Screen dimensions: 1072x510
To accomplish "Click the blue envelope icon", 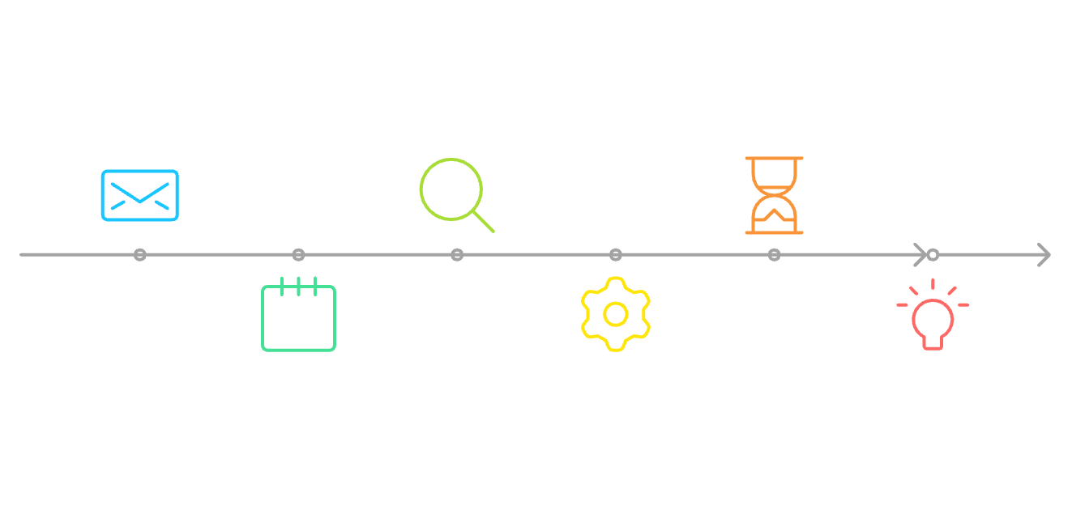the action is point(139,195).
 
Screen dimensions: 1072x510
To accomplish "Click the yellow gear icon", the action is point(616,314).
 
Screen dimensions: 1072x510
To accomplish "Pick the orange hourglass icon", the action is point(774,195).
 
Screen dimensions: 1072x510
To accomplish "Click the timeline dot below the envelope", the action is point(140,255).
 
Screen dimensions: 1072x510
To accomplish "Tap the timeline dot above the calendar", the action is point(298,255).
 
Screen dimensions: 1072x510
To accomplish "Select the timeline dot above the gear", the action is point(616,255).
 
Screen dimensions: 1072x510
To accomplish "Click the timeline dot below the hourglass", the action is point(774,255).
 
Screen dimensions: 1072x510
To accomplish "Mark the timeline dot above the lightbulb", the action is point(933,255).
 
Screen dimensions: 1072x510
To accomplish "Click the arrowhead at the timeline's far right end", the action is point(1044,255).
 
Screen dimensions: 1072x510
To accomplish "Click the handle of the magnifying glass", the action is point(483,221).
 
